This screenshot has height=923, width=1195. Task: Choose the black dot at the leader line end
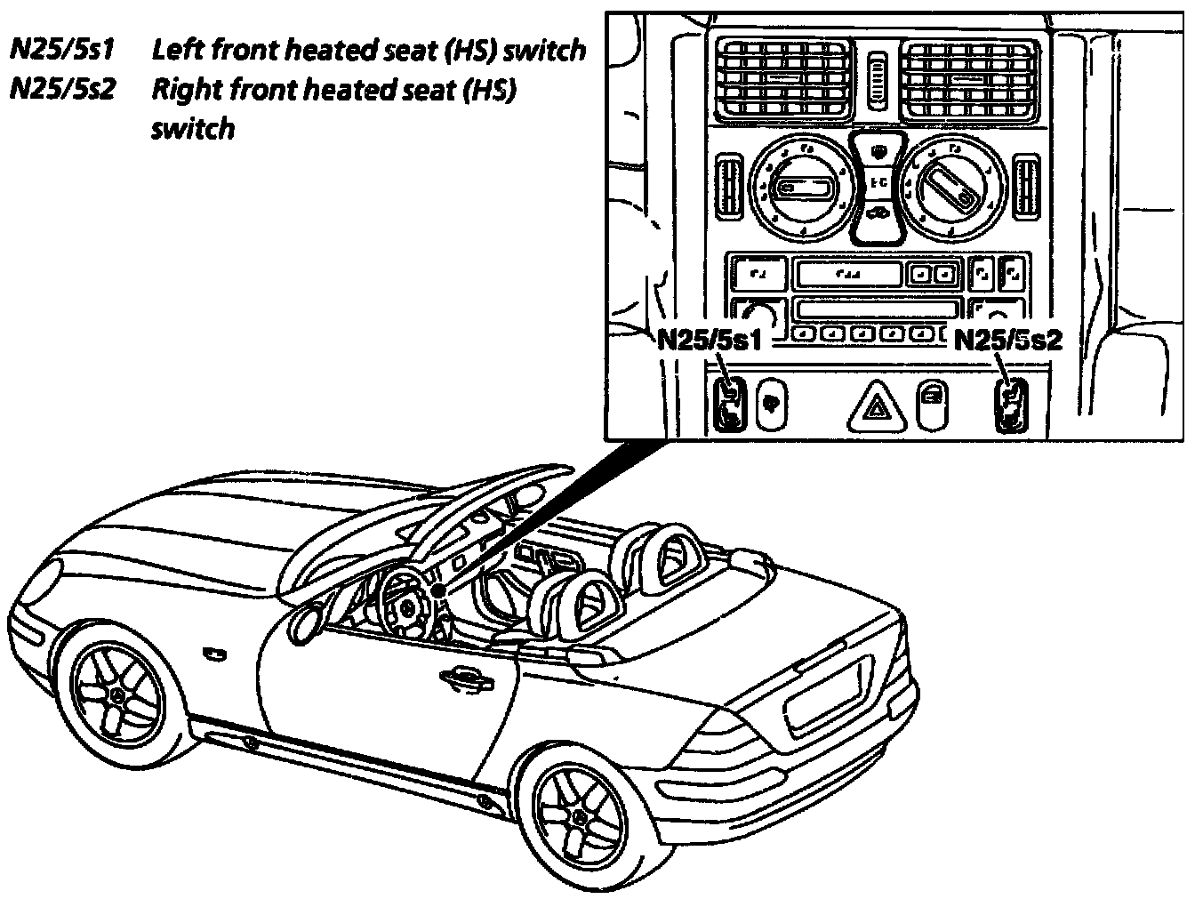[437, 590]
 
